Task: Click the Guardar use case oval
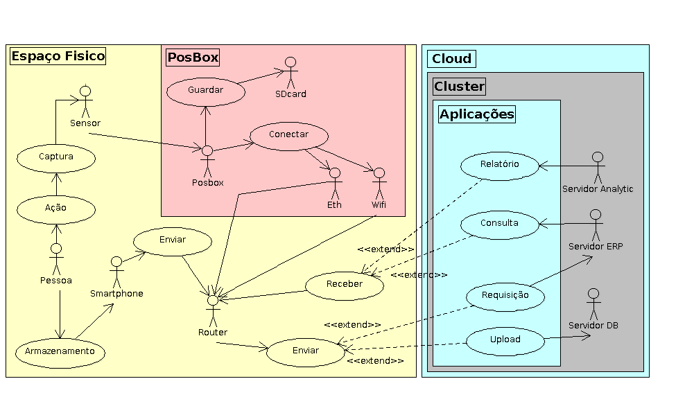(x=205, y=90)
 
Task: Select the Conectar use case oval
(x=288, y=135)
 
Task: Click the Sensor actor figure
(x=85, y=102)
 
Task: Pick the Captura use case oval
(x=56, y=157)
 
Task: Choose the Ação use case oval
(x=56, y=207)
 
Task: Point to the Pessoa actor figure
(x=56, y=258)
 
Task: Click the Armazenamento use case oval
(x=60, y=352)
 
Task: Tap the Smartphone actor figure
(x=116, y=271)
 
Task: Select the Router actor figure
(x=213, y=310)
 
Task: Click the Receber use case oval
(x=345, y=284)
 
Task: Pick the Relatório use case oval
(x=500, y=165)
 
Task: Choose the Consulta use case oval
(x=500, y=224)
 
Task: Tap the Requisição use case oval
(x=505, y=296)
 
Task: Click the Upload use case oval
(x=505, y=340)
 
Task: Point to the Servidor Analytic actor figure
(x=597, y=167)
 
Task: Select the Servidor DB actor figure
(x=593, y=303)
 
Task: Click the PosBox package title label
(x=193, y=58)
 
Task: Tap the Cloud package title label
(x=451, y=59)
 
